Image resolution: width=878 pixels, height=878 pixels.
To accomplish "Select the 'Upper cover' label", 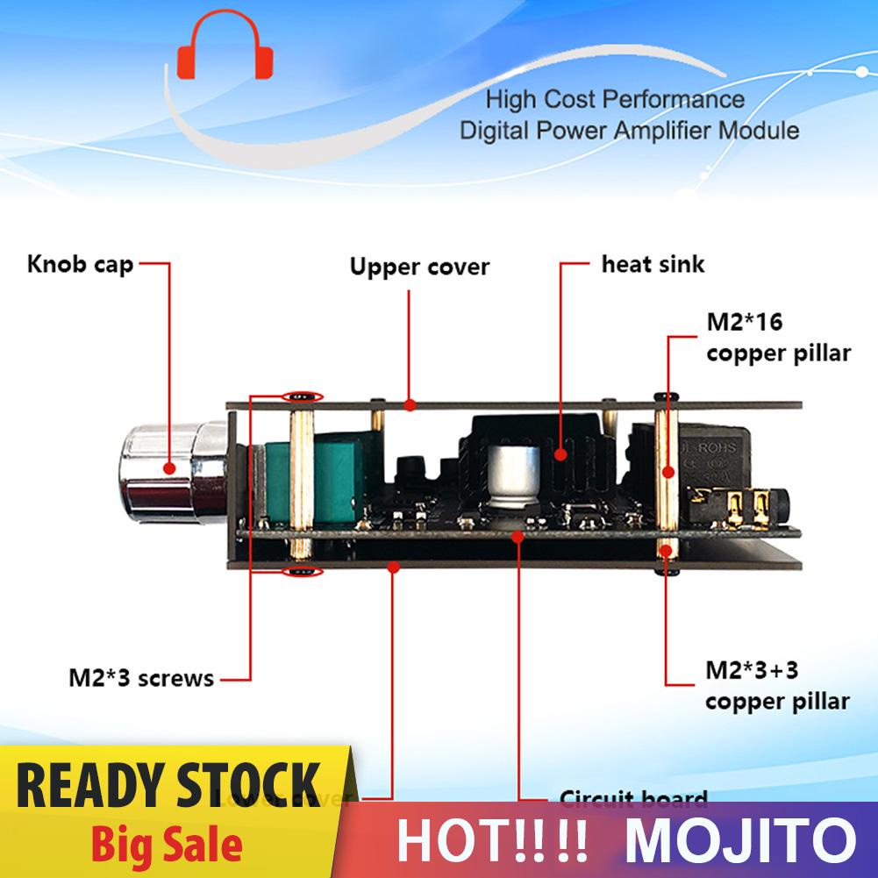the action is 419,267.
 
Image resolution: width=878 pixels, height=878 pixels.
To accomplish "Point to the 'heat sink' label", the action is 653,263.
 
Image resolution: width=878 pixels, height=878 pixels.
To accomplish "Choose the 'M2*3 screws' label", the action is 140,678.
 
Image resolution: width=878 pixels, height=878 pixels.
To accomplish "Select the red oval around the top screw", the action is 301,396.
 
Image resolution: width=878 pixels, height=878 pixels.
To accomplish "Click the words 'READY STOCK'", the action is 169,785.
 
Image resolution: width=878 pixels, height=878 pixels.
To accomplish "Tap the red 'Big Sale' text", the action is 180,845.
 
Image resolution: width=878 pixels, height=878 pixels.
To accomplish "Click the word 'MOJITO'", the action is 741,839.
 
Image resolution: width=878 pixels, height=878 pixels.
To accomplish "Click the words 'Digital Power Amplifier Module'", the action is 630,132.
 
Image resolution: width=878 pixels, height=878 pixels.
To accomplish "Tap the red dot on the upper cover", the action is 410,404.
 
